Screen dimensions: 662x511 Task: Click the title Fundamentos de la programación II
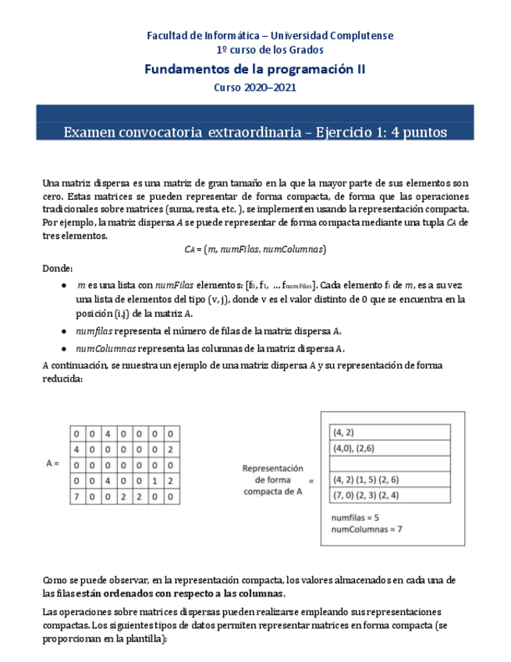point(255,69)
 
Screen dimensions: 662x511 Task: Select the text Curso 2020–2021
point(255,87)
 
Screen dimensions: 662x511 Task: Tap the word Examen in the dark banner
point(88,132)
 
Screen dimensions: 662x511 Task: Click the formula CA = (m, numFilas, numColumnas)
point(255,249)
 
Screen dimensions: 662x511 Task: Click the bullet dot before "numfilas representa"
point(63,331)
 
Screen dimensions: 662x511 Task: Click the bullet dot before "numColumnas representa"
point(63,348)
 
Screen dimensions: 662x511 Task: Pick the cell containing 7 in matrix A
point(76,495)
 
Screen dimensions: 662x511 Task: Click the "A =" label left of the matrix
point(53,463)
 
